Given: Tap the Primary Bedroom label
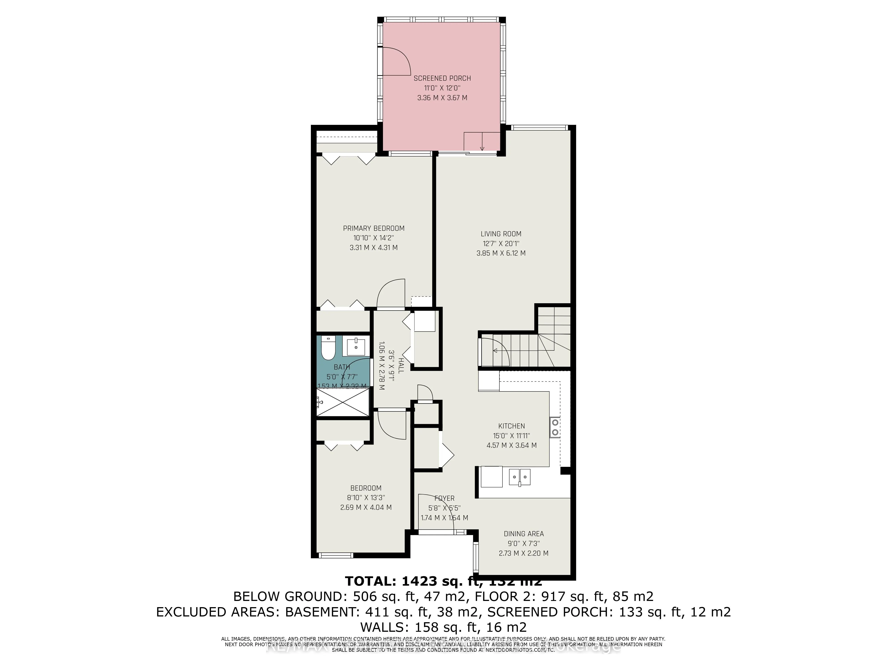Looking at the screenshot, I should [373, 228].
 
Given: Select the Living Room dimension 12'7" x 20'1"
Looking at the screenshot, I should [501, 243].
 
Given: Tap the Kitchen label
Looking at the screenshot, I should [511, 426].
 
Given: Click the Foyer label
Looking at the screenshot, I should [444, 498].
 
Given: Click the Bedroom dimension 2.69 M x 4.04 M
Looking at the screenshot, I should [366, 507].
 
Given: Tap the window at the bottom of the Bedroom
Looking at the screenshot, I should [336, 555].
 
